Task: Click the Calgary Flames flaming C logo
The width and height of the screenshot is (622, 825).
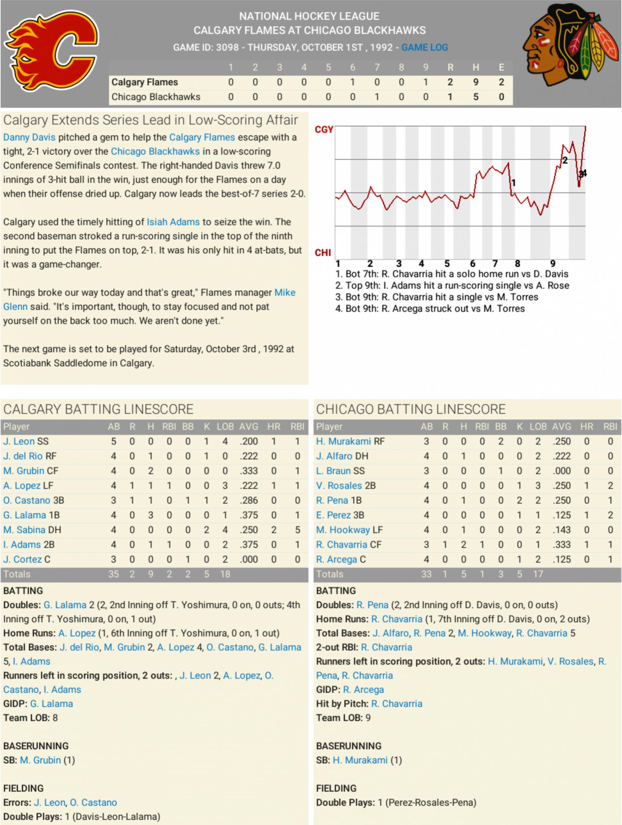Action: pyautogui.click(x=52, y=50)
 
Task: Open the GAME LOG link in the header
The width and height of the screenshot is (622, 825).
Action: pyautogui.click(x=424, y=47)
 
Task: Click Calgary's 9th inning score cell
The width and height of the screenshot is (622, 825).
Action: pyautogui.click(x=425, y=82)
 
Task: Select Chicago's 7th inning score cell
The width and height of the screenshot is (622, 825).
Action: pyautogui.click(x=377, y=97)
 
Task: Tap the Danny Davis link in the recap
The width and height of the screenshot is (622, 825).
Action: pyautogui.click(x=29, y=137)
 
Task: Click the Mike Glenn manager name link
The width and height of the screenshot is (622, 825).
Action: pyautogui.click(x=285, y=292)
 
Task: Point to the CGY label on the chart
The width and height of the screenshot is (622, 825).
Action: pyautogui.click(x=324, y=129)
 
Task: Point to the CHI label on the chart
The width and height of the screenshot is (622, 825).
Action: pyautogui.click(x=323, y=253)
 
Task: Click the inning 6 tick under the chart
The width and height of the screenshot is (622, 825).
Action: pyautogui.click(x=473, y=264)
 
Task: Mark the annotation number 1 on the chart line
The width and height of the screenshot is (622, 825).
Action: pyautogui.click(x=514, y=183)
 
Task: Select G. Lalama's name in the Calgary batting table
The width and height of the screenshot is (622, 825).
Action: pyautogui.click(x=25, y=515)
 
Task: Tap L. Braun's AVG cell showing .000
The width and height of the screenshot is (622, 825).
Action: pyautogui.click(x=561, y=471)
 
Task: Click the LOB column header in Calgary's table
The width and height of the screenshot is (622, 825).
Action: pyautogui.click(x=225, y=426)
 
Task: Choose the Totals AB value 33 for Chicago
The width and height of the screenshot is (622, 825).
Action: pyautogui.click(x=426, y=574)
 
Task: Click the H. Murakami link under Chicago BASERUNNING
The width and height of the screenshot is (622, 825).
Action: pyautogui.click(x=360, y=760)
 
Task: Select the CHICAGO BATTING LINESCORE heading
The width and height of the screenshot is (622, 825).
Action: pyautogui.click(x=411, y=409)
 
